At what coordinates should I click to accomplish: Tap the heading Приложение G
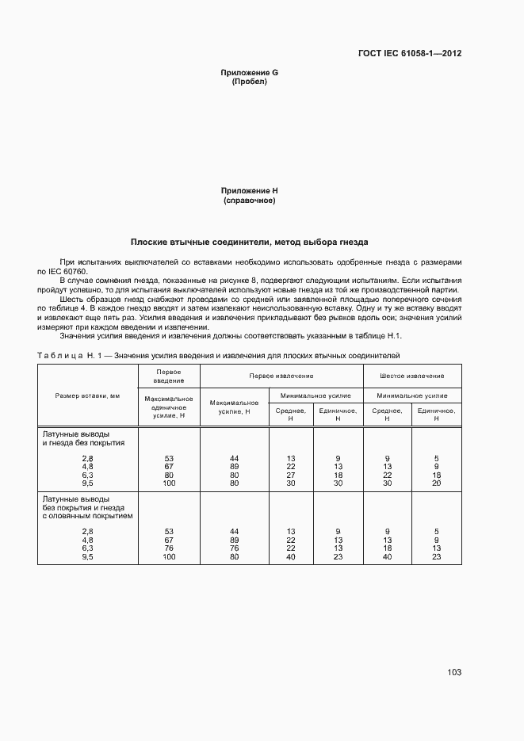(249, 73)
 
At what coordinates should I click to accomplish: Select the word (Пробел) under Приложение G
(249, 82)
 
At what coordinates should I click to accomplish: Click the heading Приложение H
(249, 191)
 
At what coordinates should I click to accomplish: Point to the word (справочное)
(249, 201)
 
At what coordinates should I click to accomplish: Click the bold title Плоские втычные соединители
(249, 242)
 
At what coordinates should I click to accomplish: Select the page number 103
(453, 672)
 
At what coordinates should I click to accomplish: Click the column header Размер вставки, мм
(87, 395)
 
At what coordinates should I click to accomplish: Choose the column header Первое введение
(169, 376)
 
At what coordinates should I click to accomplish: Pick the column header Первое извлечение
(281, 376)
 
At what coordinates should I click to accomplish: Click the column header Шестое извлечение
(411, 376)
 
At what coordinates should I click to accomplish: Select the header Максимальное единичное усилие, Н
(169, 406)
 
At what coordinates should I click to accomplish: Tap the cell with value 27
(291, 476)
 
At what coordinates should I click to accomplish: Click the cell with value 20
(436, 483)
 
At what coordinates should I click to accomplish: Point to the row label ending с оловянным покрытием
(87, 515)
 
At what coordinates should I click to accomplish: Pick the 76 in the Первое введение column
(169, 548)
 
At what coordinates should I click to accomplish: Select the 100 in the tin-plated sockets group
(169, 556)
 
